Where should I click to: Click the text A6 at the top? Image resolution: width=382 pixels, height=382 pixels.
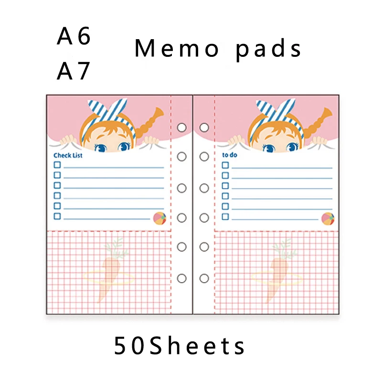pyautogui.click(x=74, y=36)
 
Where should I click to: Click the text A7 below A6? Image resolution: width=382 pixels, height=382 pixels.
pyautogui.click(x=74, y=71)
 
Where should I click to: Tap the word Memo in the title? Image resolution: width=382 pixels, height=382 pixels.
pyautogui.click(x=177, y=48)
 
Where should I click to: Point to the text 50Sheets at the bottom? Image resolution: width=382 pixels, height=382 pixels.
pyautogui.click(x=180, y=345)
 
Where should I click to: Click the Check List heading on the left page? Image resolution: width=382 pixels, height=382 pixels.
pyautogui.click(x=68, y=156)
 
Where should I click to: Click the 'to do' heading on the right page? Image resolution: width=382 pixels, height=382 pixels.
pyautogui.click(x=230, y=155)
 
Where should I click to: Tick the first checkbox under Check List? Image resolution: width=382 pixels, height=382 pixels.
pyautogui.click(x=57, y=165)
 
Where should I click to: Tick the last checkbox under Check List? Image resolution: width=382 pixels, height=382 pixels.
pyautogui.click(x=57, y=216)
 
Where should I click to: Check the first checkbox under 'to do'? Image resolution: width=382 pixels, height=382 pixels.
pyautogui.click(x=225, y=165)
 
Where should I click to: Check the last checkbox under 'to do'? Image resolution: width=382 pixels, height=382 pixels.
pyautogui.click(x=225, y=217)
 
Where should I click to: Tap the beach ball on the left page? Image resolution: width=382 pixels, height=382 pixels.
pyautogui.click(x=159, y=218)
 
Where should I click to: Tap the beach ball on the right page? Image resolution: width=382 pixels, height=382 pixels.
pyautogui.click(x=328, y=219)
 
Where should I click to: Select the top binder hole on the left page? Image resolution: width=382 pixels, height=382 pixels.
pyautogui.click(x=182, y=127)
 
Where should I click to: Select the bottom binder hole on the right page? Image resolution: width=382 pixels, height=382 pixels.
pyautogui.click(x=204, y=278)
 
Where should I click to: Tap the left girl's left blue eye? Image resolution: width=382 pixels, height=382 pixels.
pyautogui.click(x=101, y=148)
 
